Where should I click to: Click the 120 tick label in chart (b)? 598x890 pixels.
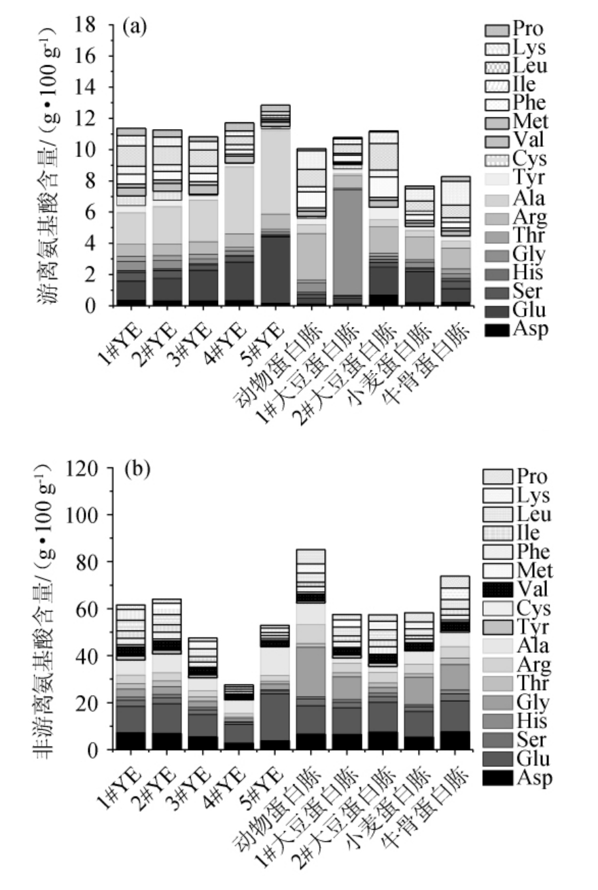click(82, 468)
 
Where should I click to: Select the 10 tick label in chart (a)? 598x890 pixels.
click(88, 150)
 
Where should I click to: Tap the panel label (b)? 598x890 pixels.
click(134, 469)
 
